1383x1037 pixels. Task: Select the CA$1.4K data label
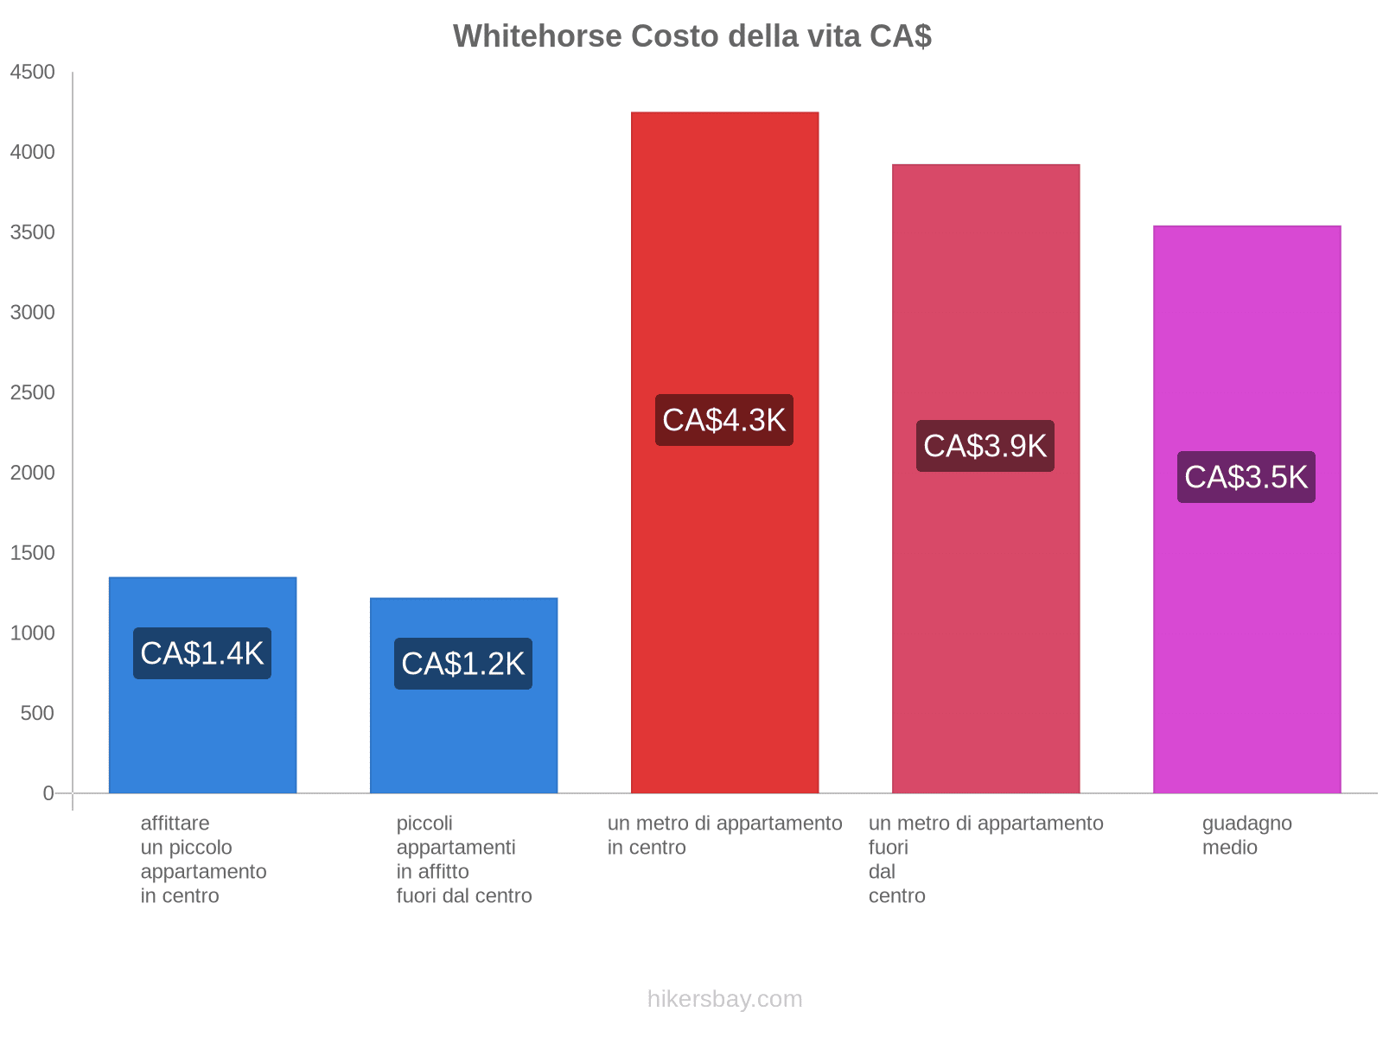click(201, 653)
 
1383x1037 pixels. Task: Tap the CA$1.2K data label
click(462, 663)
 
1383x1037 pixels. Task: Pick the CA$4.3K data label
click(723, 420)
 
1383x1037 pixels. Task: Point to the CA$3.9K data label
click(985, 446)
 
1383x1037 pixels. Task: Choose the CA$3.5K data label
click(1245, 477)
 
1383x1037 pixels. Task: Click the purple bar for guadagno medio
click(1246, 509)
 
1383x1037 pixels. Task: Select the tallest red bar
click(724, 452)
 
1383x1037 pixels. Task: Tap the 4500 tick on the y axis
click(32, 72)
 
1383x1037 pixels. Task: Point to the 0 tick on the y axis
click(48, 792)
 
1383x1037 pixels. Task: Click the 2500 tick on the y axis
click(32, 392)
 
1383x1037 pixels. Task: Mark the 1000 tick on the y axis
click(32, 633)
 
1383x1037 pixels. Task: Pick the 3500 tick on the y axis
click(32, 232)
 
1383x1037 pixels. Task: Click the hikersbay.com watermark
click(724, 999)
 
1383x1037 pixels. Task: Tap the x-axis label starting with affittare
click(203, 859)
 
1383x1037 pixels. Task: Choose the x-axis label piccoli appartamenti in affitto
click(463, 859)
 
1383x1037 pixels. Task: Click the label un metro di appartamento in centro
click(724, 835)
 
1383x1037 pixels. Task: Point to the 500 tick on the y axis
click(37, 713)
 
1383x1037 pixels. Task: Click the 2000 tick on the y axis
click(32, 472)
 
